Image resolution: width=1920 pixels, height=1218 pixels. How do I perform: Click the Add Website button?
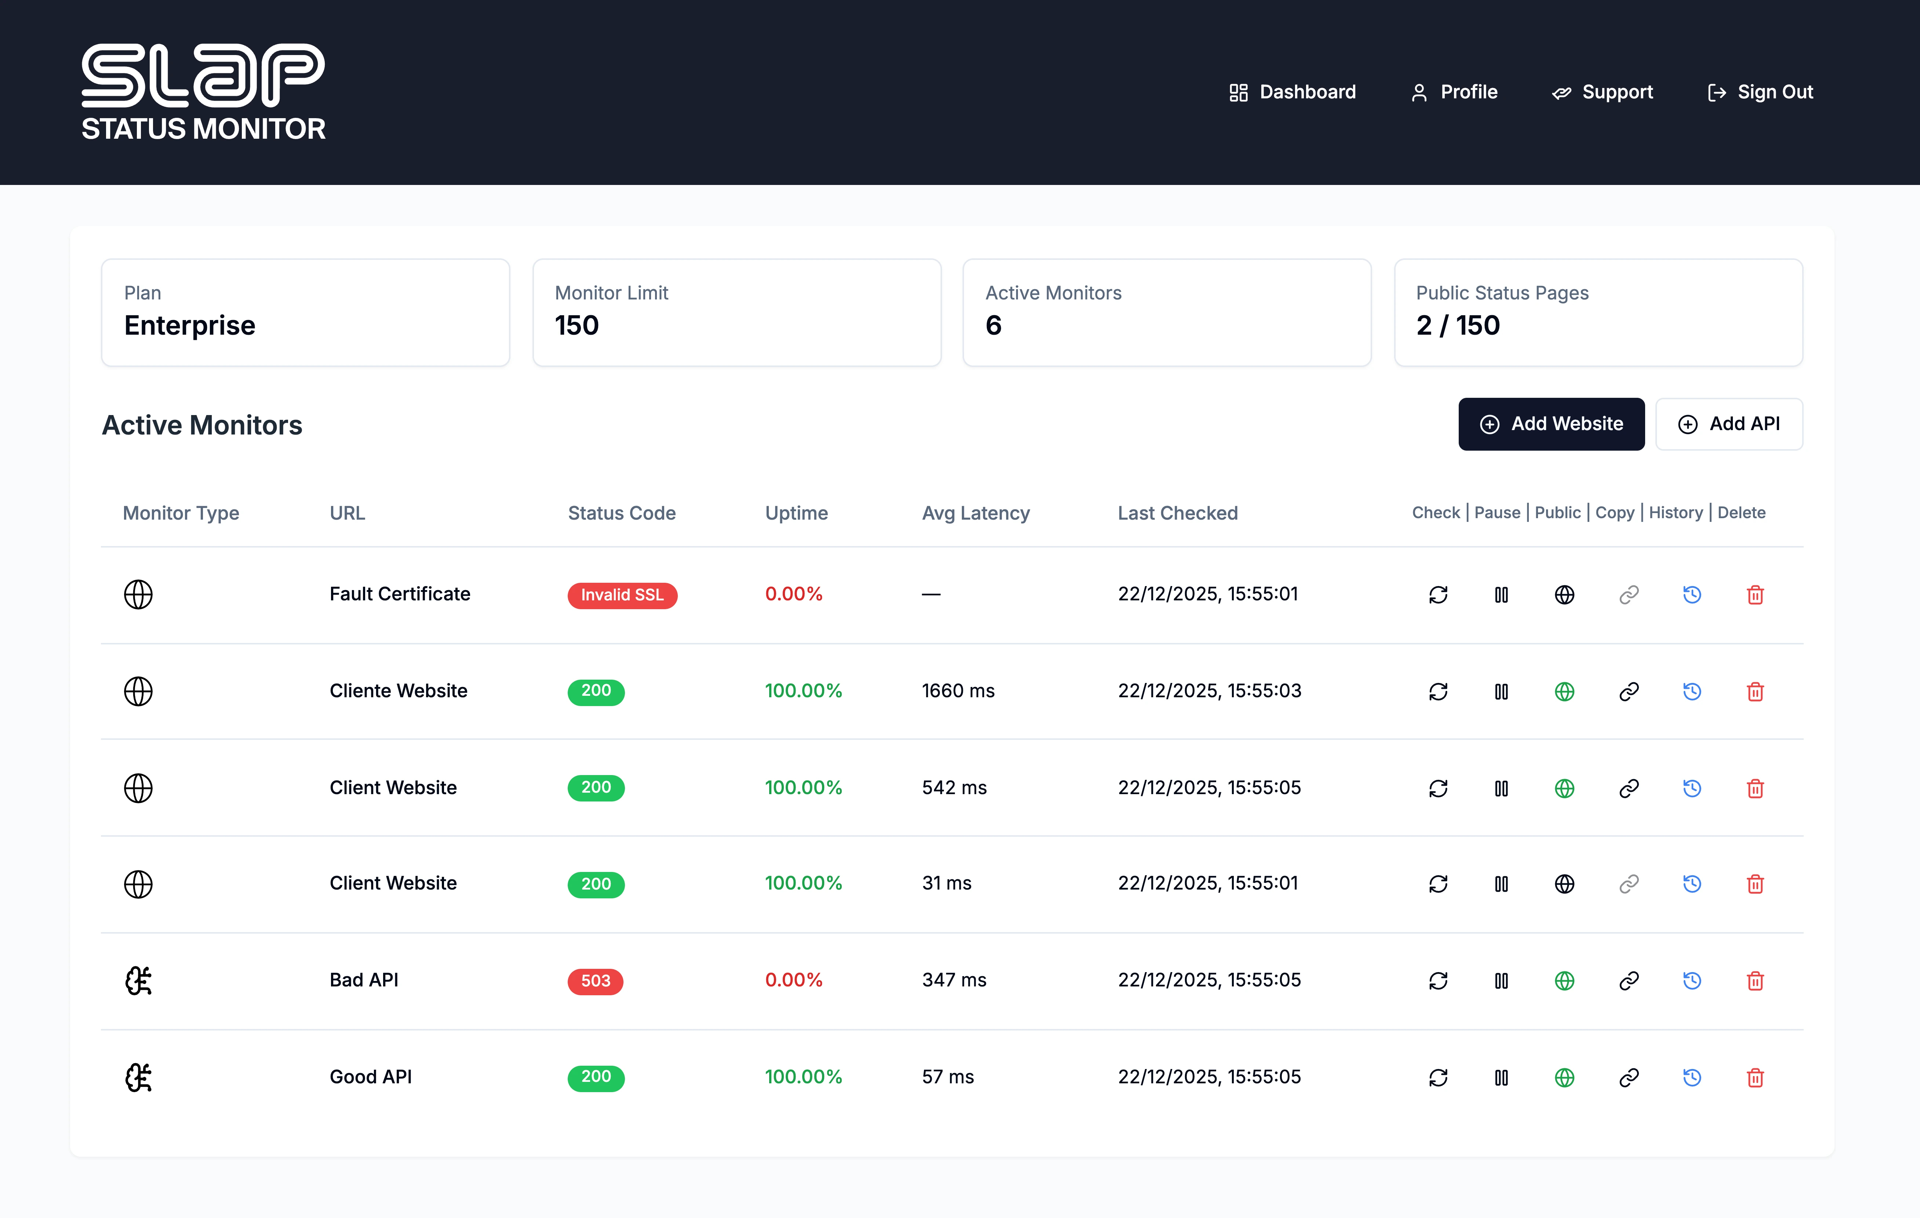pyautogui.click(x=1551, y=424)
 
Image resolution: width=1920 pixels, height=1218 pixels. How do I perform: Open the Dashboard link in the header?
pyautogui.click(x=1292, y=92)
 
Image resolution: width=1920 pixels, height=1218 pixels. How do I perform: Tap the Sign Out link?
pyautogui.click(x=1760, y=92)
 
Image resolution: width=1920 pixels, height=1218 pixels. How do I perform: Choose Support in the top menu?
pyautogui.click(x=1603, y=92)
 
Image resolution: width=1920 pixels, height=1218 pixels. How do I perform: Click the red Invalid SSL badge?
pyautogui.click(x=622, y=596)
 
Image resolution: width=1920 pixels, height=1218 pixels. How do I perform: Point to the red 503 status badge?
pyautogui.click(x=595, y=981)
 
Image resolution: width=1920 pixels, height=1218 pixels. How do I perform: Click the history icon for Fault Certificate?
pyautogui.click(x=1692, y=595)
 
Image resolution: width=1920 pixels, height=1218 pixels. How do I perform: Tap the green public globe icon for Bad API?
pyautogui.click(x=1564, y=981)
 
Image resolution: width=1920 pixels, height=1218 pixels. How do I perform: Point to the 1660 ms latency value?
pyautogui.click(x=957, y=691)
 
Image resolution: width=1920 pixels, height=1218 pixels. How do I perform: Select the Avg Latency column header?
pyautogui.click(x=975, y=513)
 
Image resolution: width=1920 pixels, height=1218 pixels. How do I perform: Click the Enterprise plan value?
pyautogui.click(x=190, y=325)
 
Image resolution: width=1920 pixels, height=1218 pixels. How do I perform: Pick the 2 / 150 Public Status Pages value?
pyautogui.click(x=1458, y=325)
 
